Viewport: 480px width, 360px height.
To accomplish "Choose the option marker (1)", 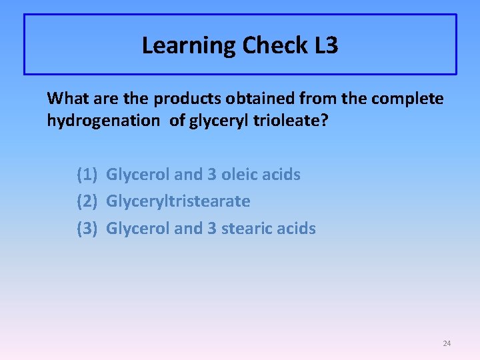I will [88, 175].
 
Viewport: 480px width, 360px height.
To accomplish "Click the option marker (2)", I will [88, 201].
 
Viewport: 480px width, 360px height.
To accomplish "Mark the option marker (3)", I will [88, 229].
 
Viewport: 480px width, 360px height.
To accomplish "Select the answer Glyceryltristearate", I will [178, 201].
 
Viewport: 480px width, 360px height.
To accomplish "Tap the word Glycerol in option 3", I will [138, 229].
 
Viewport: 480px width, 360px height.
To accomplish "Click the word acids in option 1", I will [283, 175].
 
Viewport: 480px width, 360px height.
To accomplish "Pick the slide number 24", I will [447, 343].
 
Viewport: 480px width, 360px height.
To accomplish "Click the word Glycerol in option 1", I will [138, 175].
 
